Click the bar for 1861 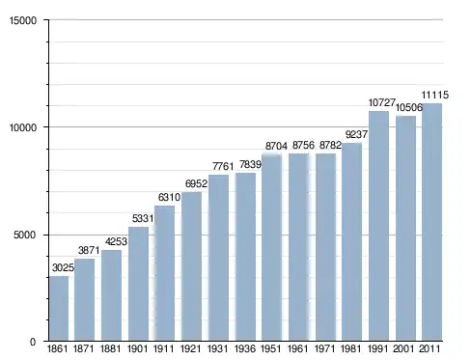point(59,308)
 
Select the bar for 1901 point(138,284)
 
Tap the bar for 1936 point(245,257)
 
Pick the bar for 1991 point(378,226)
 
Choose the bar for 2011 point(431,222)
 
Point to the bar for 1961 point(299,247)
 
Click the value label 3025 point(63,267)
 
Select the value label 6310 point(169,197)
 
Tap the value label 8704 point(276,146)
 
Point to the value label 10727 point(381,102)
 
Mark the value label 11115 point(435,95)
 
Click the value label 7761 point(223,166)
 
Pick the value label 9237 point(356,134)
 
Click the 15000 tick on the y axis point(23,20)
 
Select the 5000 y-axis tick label point(25,235)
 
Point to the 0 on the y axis point(33,342)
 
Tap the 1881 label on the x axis point(110,348)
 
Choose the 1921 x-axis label point(190,348)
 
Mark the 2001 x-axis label point(404,348)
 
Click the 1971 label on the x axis point(324,348)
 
